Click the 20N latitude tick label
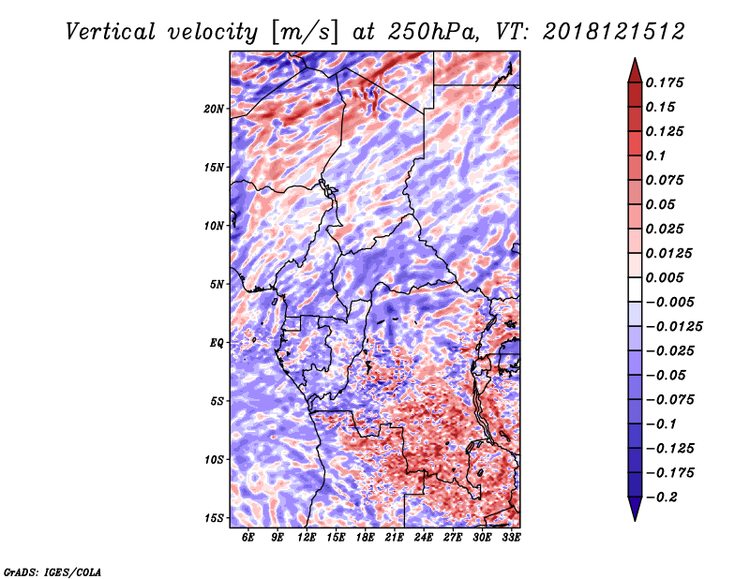click(214, 109)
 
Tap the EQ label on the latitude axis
click(217, 343)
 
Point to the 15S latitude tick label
click(214, 518)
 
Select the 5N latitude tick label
click(217, 285)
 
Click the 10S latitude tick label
click(214, 460)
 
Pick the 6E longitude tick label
click(247, 537)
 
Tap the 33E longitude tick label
click(511, 537)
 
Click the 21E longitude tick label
click(394, 537)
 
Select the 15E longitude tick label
click(336, 537)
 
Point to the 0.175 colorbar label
click(665, 82)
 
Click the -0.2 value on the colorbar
click(662, 497)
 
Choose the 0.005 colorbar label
click(665, 277)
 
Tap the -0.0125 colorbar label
click(674, 327)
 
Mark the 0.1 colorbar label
click(655, 156)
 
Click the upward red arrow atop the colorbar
click(635, 70)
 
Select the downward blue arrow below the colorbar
click(635, 509)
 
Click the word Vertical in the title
click(111, 32)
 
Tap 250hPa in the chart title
click(433, 32)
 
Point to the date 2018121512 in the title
click(614, 32)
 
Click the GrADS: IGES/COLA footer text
click(52, 572)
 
